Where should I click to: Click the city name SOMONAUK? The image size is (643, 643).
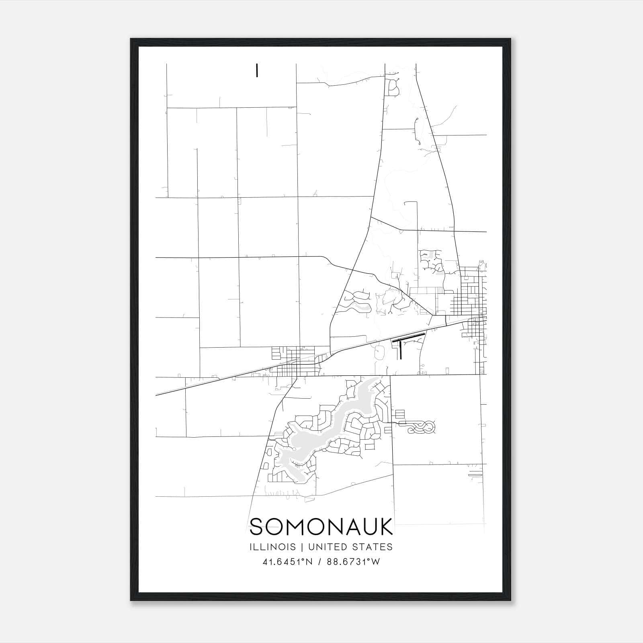(x=321, y=526)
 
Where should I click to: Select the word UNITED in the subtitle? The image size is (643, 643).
(x=327, y=547)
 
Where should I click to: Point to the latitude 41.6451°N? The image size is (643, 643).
(x=287, y=562)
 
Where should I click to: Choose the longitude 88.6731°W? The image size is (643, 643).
(x=353, y=562)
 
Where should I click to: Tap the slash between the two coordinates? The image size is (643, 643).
(x=319, y=562)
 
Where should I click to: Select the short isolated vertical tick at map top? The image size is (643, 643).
(x=256, y=70)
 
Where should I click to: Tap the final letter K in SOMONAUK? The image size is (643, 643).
(x=386, y=526)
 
